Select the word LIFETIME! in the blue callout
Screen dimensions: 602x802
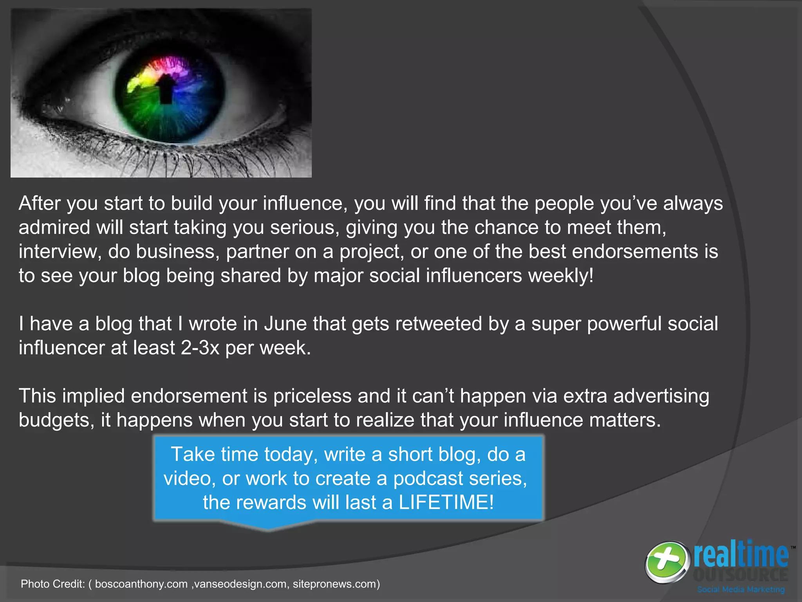click(x=446, y=502)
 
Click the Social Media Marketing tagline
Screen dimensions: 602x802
click(x=741, y=589)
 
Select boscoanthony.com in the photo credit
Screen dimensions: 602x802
click(x=141, y=584)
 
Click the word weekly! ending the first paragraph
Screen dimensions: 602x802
click(x=561, y=276)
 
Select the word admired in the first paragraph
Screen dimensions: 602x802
click(x=54, y=227)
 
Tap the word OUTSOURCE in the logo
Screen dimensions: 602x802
click(x=741, y=575)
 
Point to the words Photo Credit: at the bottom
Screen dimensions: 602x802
click(x=53, y=584)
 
